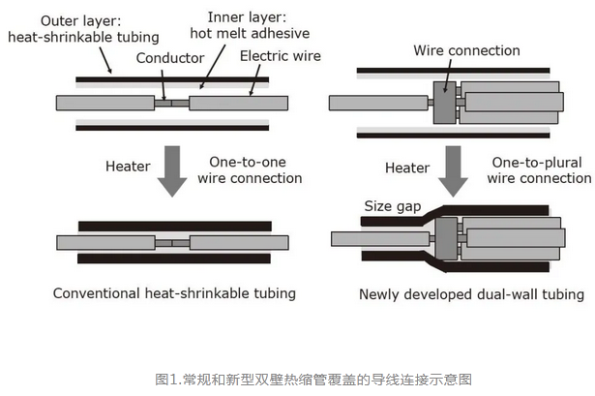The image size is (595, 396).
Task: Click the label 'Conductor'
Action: click(169, 58)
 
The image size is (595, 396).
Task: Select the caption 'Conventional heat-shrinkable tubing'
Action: click(174, 293)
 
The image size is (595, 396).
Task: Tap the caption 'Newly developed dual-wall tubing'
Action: click(471, 293)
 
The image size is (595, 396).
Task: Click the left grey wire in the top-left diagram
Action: click(105, 102)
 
